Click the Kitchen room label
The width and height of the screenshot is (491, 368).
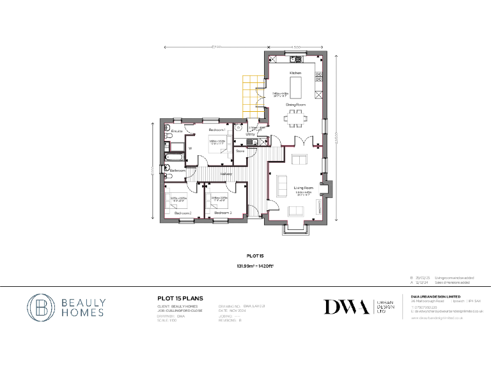[x=295, y=73]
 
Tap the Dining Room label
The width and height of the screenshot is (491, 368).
[x=295, y=104]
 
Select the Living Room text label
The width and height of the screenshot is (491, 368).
[x=302, y=187]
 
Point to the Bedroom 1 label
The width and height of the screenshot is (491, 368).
[x=217, y=130]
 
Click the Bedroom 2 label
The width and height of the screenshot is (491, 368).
[x=183, y=213]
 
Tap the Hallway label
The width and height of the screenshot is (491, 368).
[x=226, y=174]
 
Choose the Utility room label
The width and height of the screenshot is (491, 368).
[x=250, y=134]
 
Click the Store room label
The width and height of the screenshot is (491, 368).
[x=240, y=151]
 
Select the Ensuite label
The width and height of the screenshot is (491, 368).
[x=177, y=131]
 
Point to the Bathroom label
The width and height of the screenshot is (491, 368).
[x=177, y=171]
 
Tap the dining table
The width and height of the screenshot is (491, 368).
[x=295, y=117]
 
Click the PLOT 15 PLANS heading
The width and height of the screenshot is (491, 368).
[x=180, y=298]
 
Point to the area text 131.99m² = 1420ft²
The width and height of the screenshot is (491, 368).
[x=245, y=266]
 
